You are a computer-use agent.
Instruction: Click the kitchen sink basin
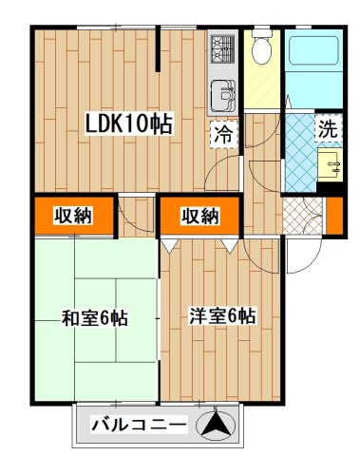[223, 95]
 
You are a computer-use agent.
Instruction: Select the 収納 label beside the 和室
[72, 216]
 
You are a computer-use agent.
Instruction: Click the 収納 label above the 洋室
[199, 217]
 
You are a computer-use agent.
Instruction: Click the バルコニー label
[139, 425]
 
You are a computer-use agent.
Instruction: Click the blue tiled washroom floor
[303, 152]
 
